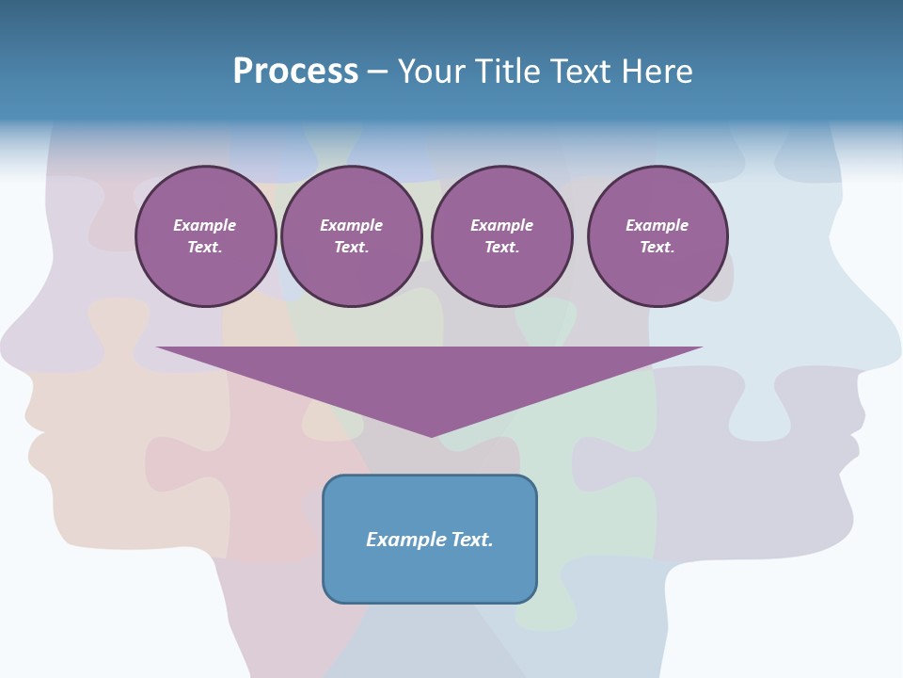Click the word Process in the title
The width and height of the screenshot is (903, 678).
(295, 72)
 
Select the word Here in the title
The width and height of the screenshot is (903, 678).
(656, 72)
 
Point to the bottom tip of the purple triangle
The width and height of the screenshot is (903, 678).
(431, 435)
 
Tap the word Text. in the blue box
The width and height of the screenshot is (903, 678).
(471, 540)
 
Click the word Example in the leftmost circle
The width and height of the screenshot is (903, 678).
(205, 225)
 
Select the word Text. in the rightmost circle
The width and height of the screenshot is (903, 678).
(657, 247)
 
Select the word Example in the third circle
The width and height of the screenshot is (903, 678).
(501, 225)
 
